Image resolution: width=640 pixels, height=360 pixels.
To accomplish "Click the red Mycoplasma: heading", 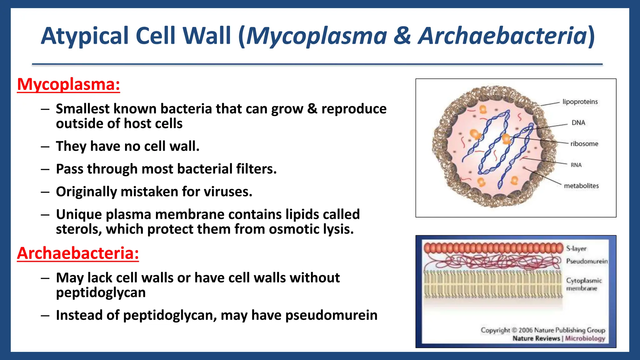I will pyautogui.click(x=68, y=84).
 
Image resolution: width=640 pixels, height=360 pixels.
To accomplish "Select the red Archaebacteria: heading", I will pyautogui.click(x=78, y=253).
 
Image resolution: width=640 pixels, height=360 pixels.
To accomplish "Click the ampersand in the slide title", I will pyautogui.click(x=402, y=36).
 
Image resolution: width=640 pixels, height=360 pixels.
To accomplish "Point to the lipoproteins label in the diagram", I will pyautogui.click(x=580, y=102).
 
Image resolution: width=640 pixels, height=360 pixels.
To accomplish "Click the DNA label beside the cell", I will pyautogui.click(x=578, y=123).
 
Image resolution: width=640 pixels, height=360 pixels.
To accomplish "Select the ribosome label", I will pyautogui.click(x=584, y=144).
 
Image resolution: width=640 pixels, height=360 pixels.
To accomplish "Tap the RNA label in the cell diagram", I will pyautogui.click(x=576, y=165).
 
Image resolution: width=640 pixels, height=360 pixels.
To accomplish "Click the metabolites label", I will pyautogui.click(x=581, y=186).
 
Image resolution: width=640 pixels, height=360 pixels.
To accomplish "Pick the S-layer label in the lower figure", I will pyautogui.click(x=577, y=249).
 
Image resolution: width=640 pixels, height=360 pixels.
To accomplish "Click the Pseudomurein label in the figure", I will pyautogui.click(x=587, y=261).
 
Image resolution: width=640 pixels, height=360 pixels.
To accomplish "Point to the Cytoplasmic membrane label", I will pyautogui.click(x=583, y=284).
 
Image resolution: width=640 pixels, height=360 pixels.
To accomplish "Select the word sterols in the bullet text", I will pyautogui.click(x=79, y=229).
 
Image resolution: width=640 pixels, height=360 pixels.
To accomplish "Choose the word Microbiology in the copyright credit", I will pyautogui.click(x=585, y=338).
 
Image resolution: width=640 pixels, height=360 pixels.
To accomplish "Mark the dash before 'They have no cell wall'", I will pyautogui.click(x=45, y=147).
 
